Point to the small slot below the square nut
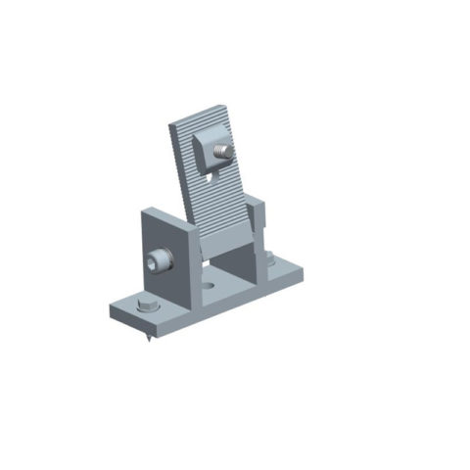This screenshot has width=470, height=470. click(211, 178)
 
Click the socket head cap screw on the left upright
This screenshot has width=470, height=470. click(158, 260)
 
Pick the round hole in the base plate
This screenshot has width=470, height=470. click(210, 289)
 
